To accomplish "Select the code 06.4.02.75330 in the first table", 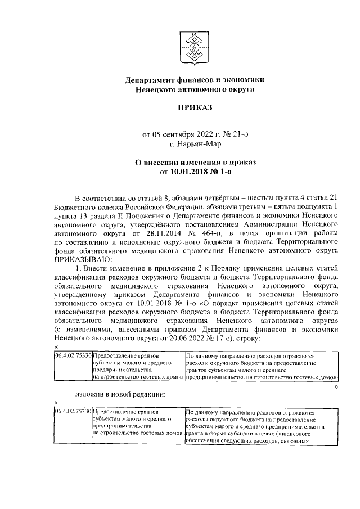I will [73, 357].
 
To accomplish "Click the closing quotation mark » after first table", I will [335, 387].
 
